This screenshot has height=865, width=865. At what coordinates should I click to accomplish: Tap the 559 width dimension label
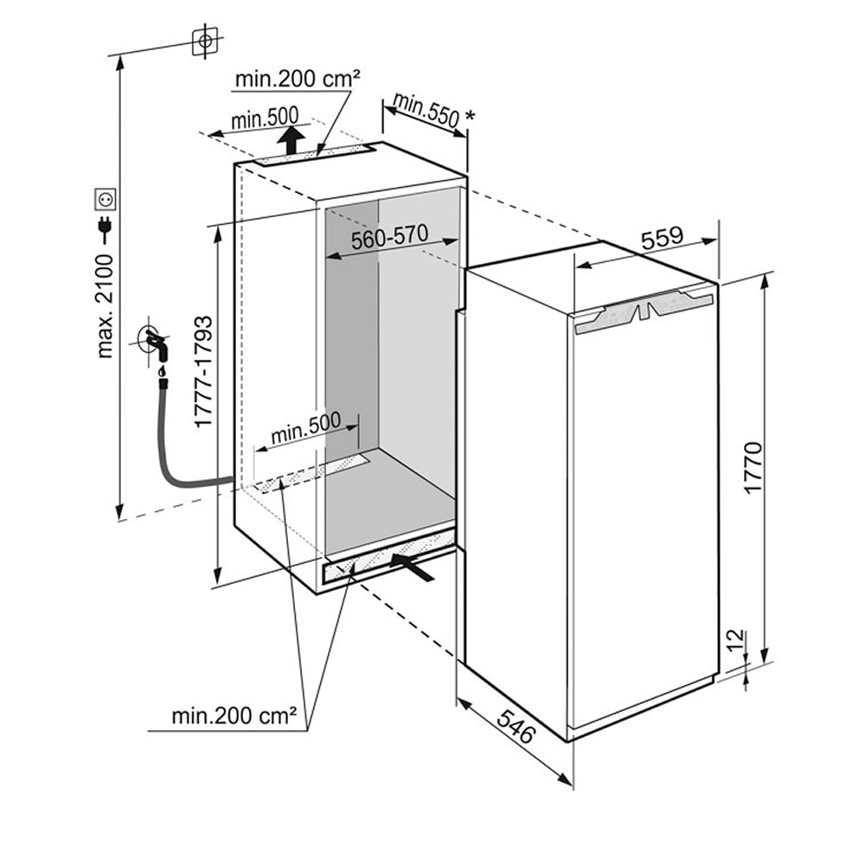point(663,237)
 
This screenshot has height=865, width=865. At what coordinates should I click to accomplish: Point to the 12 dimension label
point(735,640)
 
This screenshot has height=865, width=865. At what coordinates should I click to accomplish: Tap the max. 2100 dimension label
point(106,312)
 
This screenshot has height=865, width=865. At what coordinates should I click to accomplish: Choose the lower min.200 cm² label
point(234,716)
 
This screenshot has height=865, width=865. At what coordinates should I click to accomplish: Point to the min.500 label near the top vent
point(264,115)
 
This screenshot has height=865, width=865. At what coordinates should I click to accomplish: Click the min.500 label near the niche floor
point(305,428)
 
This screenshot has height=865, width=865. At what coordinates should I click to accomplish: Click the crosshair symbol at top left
point(204,41)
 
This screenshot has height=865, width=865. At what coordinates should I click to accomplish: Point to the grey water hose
point(173,458)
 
